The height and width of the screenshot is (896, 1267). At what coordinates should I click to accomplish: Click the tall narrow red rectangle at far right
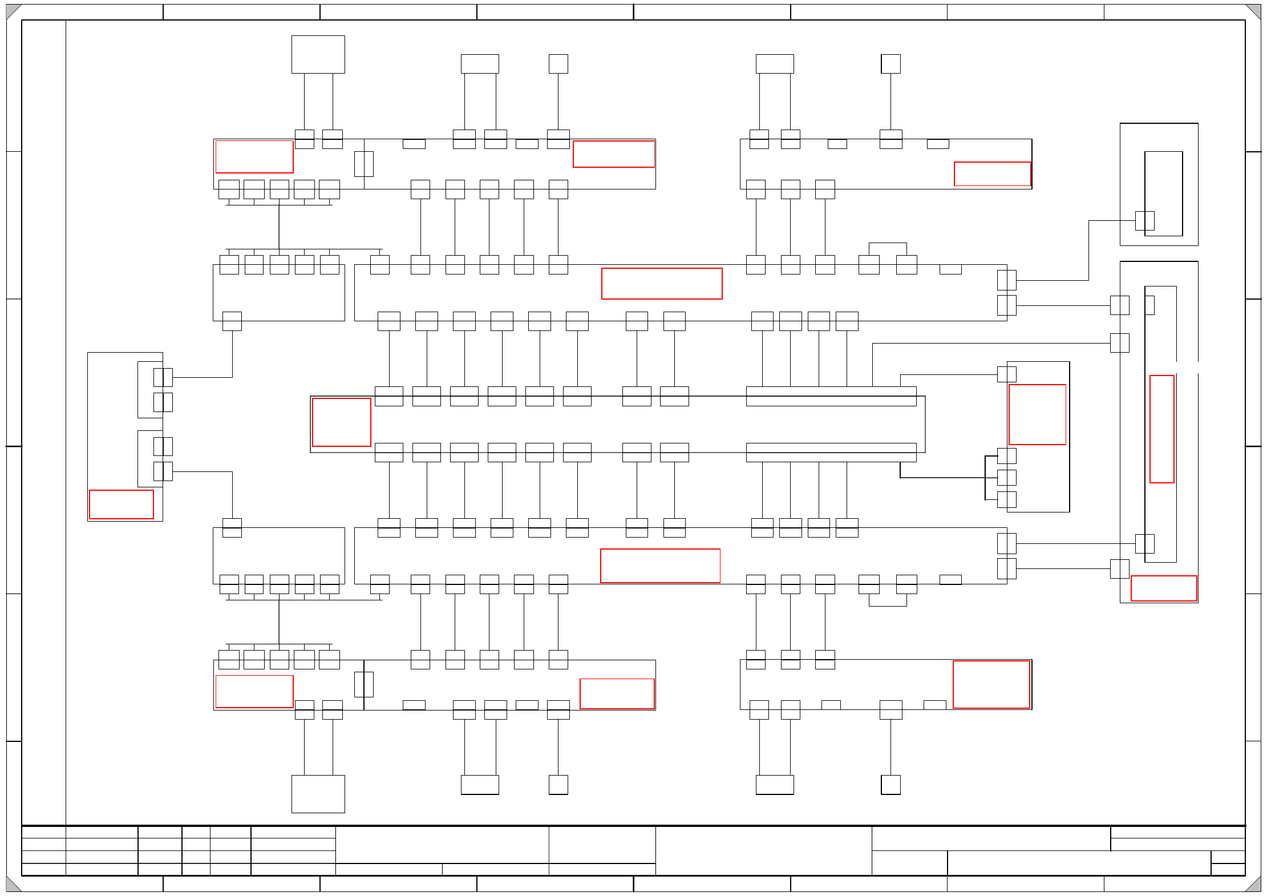pyautogui.click(x=1161, y=429)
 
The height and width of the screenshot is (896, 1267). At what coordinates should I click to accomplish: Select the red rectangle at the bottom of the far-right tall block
pyautogui.click(x=1163, y=588)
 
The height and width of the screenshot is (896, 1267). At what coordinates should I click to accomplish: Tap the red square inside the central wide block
pyautogui.click(x=341, y=422)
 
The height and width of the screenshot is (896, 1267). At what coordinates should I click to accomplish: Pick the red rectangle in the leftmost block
pyautogui.click(x=122, y=504)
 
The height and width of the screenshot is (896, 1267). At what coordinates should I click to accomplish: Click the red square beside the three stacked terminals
pyautogui.click(x=1037, y=414)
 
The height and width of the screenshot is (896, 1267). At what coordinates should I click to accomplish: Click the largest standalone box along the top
pyautogui.click(x=318, y=54)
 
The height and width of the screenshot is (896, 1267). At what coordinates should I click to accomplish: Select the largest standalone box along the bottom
pyautogui.click(x=318, y=793)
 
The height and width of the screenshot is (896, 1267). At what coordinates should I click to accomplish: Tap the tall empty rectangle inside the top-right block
pyautogui.click(x=1163, y=193)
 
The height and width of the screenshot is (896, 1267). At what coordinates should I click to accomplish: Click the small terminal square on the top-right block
pyautogui.click(x=1144, y=220)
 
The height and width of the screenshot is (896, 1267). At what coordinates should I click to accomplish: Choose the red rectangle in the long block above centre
pyautogui.click(x=661, y=283)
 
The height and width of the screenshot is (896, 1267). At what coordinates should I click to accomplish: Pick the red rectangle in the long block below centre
pyautogui.click(x=660, y=565)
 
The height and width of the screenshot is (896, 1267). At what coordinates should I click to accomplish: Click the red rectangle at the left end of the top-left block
pyautogui.click(x=254, y=156)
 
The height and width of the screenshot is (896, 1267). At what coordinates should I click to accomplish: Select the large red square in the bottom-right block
pyautogui.click(x=991, y=684)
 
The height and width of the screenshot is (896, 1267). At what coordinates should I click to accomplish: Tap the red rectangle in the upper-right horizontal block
pyautogui.click(x=992, y=173)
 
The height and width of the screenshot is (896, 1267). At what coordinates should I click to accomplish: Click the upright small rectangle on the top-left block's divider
pyautogui.click(x=363, y=164)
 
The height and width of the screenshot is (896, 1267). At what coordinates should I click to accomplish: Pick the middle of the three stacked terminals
pyautogui.click(x=1006, y=477)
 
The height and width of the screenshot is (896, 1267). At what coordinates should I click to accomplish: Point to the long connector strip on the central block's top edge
pyautogui.click(x=831, y=395)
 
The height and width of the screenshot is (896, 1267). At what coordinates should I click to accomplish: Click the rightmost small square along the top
pyautogui.click(x=890, y=63)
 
